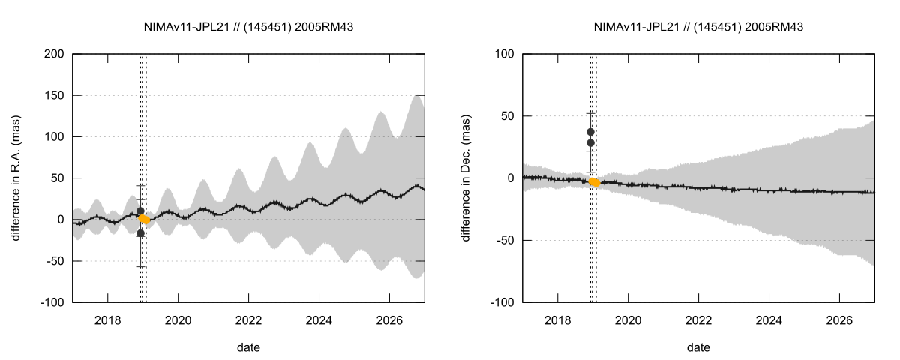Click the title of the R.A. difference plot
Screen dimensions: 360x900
click(248, 27)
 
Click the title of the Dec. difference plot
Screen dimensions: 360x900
click(698, 27)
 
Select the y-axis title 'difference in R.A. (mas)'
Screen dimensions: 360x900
click(16, 178)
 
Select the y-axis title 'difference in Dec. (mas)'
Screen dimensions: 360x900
click(466, 178)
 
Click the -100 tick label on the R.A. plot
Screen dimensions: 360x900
click(52, 302)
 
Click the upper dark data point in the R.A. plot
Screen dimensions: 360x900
click(140, 211)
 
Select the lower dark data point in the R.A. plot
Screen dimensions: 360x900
click(140, 233)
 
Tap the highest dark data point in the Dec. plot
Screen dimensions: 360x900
click(590, 132)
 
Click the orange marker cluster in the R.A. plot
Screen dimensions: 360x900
click(145, 220)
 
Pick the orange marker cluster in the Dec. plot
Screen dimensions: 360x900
click(595, 182)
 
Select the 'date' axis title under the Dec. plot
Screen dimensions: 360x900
click(698, 347)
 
